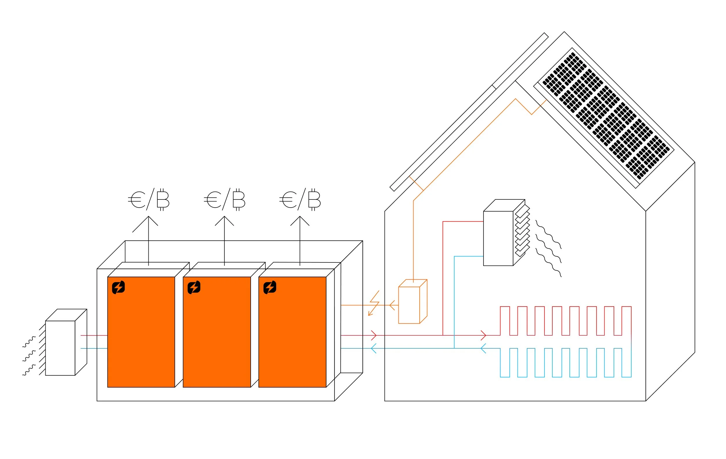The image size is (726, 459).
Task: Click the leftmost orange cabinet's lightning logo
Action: point(118,287)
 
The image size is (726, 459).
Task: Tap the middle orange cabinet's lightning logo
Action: point(194,287)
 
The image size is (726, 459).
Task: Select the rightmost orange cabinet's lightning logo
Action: point(270,287)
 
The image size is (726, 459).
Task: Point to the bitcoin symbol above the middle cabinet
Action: point(239,199)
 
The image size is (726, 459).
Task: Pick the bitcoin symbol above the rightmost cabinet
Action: point(315,199)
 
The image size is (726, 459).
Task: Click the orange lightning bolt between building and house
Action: point(374,303)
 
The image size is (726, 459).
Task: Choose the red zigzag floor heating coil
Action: point(566,321)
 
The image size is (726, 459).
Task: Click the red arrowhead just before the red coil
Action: point(483,335)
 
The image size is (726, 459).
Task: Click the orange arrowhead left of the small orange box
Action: point(392,305)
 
